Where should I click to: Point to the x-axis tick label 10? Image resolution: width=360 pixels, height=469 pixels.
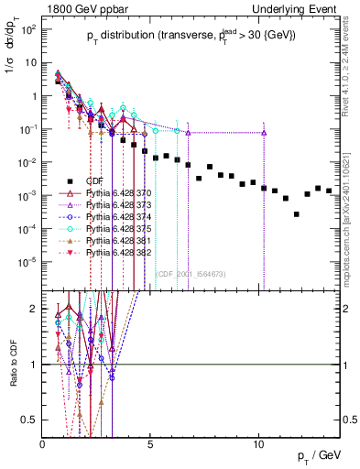coord(259,443)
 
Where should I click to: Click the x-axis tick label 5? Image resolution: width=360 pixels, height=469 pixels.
coord(151,443)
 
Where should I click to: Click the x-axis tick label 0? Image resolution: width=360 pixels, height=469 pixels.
coord(43,443)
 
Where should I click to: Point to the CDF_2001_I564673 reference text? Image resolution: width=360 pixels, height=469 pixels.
coord(192,272)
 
